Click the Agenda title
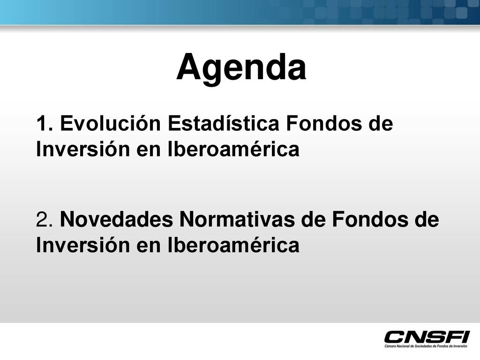[241, 68]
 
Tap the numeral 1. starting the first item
[45, 123]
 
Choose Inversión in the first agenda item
[82, 149]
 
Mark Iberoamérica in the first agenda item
[233, 149]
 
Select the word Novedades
[117, 219]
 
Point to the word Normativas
[237, 219]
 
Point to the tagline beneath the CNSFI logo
[426, 346]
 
